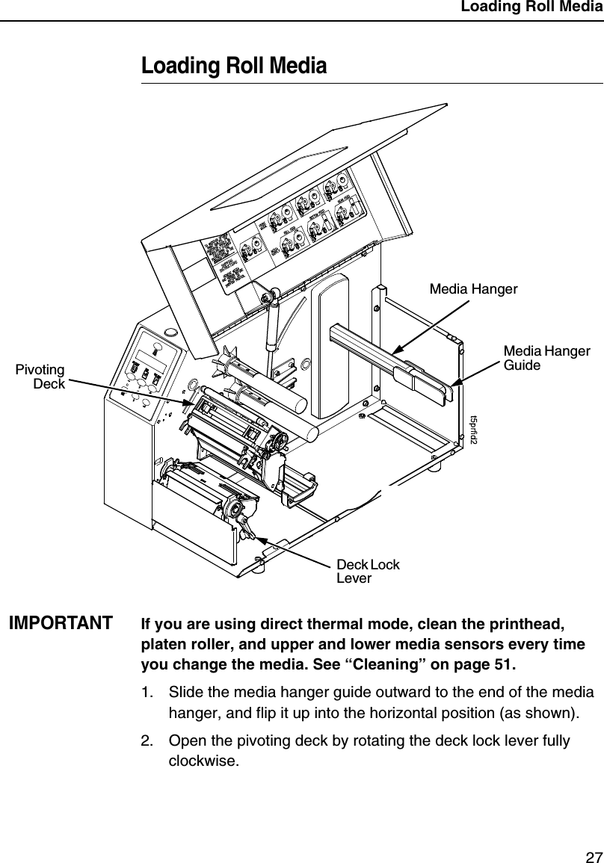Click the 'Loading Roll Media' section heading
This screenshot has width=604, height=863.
234,66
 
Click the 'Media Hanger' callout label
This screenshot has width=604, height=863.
473,288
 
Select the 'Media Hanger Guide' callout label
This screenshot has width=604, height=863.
546,358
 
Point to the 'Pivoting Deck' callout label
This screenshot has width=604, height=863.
40,377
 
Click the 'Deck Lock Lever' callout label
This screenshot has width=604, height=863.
368,571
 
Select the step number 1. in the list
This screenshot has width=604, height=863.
148,693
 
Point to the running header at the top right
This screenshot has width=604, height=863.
531,7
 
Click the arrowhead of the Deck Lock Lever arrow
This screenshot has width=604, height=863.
252,531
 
